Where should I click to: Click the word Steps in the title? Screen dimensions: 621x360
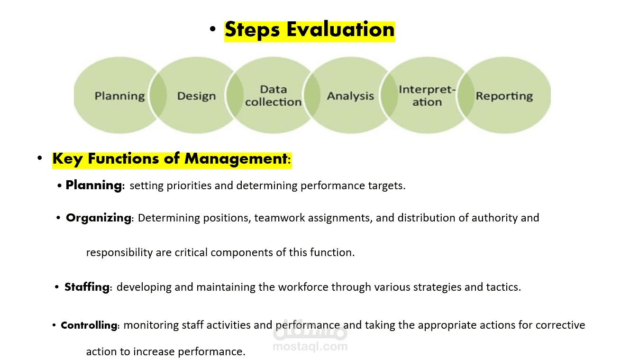[252, 30]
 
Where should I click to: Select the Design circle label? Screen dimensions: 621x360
[197, 96]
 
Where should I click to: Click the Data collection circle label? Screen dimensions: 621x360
[274, 96]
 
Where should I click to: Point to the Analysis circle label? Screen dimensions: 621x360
[350, 96]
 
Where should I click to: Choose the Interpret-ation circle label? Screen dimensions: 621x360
[427, 96]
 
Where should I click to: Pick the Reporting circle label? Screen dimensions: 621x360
[504, 96]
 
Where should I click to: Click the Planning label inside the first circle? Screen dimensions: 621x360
[120, 96]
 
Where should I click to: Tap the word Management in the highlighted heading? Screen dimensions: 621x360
[236, 159]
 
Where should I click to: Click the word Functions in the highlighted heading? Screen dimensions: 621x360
[124, 158]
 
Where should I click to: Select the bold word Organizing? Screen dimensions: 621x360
[99, 218]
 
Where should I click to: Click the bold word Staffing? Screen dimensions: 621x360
[87, 287]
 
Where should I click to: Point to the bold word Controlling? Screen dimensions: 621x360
[89, 325]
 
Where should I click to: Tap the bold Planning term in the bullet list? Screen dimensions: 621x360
[94, 185]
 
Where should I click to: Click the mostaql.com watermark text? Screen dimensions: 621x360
[310, 346]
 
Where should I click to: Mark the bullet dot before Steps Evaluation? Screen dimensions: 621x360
[213, 29]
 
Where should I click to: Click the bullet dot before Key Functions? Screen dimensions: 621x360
[40, 158]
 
